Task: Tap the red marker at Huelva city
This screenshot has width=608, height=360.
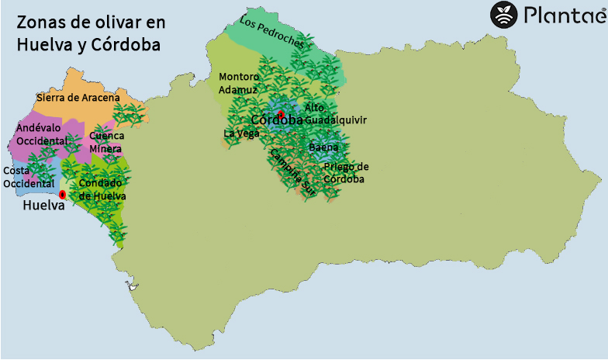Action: [x=62, y=193]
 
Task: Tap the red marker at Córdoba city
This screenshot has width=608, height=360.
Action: [x=281, y=115]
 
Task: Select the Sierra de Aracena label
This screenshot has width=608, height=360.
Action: [x=78, y=98]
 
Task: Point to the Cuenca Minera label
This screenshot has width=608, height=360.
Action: [x=105, y=142]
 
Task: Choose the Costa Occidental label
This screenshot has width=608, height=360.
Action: [x=28, y=177]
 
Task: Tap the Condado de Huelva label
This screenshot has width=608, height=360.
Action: [x=102, y=189]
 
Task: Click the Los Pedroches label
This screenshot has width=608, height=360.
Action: [x=271, y=33]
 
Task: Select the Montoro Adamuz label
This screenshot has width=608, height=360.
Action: [x=239, y=83]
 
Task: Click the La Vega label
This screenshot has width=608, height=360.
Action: [x=241, y=133]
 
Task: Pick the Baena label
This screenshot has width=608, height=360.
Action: [x=323, y=147]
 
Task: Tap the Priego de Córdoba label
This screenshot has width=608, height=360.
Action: [x=346, y=173]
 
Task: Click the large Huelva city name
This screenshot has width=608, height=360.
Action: [x=43, y=206]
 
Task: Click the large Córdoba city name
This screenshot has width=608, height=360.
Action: [x=277, y=120]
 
